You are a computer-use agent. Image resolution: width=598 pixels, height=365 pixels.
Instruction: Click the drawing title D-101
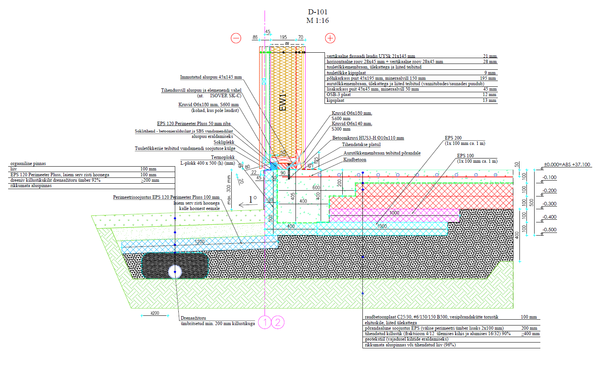pyautogui.click(x=318, y=12)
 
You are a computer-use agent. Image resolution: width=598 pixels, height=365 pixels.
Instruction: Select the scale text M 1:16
pyautogui.click(x=318, y=21)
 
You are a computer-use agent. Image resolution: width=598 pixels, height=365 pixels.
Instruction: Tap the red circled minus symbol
pyautogui.click(x=236, y=38)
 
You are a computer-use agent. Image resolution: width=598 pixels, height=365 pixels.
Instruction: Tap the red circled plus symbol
pyautogui.click(x=330, y=38)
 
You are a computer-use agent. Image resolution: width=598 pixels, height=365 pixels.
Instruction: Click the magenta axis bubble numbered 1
pyautogui.click(x=265, y=322)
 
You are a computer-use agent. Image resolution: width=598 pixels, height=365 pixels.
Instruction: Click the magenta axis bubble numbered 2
pyautogui.click(x=278, y=322)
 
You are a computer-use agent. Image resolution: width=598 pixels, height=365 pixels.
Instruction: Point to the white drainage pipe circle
pyautogui.click(x=175, y=272)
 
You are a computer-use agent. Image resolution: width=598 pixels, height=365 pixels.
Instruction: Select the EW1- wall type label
pyautogui.click(x=283, y=100)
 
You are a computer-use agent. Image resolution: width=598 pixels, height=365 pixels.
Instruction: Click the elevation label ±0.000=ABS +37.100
pyautogui.click(x=567, y=165)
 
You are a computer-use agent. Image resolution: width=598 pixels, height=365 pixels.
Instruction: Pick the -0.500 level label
pyautogui.click(x=550, y=230)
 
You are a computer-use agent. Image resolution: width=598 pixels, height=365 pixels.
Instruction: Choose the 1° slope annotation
pyautogui.click(x=253, y=200)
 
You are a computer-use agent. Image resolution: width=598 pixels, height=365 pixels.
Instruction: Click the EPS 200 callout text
pyautogui.click(x=453, y=138)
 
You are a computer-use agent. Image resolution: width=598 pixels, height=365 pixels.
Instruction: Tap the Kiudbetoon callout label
pyautogui.click(x=355, y=160)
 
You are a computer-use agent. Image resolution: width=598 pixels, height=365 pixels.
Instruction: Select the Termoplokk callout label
pyautogui.click(x=223, y=157)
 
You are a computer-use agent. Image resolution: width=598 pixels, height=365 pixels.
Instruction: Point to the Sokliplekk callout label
pyautogui.click(x=224, y=142)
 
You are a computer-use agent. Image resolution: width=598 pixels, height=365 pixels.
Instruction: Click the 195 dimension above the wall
pyautogui.click(x=283, y=38)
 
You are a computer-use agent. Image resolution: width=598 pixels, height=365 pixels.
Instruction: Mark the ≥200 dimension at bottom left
pyautogui.click(x=155, y=313)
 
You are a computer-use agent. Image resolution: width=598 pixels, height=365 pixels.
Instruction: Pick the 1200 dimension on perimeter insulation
pyautogui.click(x=200, y=242)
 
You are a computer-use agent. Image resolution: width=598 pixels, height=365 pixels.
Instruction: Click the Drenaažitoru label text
pyautogui.click(x=193, y=318)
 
